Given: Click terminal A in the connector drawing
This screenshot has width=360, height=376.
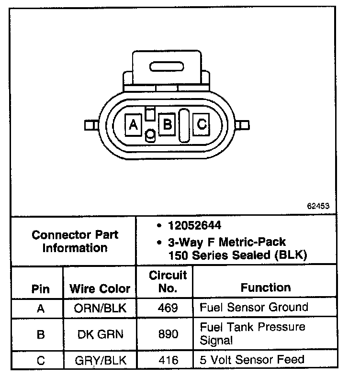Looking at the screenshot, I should (134, 125).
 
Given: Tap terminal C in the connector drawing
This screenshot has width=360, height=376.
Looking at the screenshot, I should (202, 125).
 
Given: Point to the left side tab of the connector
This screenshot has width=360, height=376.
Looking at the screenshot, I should (90, 125).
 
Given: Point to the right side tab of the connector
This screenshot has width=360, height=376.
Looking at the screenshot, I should (244, 125).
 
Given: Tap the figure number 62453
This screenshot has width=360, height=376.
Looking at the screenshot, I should (318, 206).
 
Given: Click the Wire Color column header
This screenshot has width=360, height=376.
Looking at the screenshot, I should (100, 288).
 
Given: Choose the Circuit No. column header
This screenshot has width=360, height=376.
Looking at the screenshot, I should (168, 282).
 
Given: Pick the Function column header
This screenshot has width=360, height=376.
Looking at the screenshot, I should (266, 288).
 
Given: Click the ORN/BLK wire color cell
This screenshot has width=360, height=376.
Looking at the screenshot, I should (100, 308).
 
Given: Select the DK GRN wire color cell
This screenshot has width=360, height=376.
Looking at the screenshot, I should (100, 334).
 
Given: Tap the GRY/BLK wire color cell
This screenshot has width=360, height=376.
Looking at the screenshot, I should (100, 360).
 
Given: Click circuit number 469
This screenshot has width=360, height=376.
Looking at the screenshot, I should (168, 308).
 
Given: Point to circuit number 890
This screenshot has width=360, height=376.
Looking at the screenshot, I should (168, 334).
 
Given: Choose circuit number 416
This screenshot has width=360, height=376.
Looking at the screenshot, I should (168, 360).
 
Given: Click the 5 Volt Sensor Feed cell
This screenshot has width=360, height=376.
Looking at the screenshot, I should (252, 359).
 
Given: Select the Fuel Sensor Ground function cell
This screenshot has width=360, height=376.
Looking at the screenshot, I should (254, 307).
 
